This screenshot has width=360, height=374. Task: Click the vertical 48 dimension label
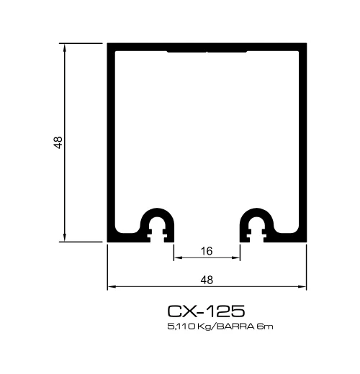(x=58, y=142)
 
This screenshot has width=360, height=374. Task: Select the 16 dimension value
(x=207, y=251)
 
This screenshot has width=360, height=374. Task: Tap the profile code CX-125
(x=207, y=311)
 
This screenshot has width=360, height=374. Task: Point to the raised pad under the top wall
(x=207, y=53)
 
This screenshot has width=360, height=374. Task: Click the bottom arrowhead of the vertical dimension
(x=66, y=240)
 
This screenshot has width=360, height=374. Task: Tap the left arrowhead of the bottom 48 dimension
(x=112, y=287)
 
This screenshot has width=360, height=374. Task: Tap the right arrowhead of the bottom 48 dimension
(x=303, y=287)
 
